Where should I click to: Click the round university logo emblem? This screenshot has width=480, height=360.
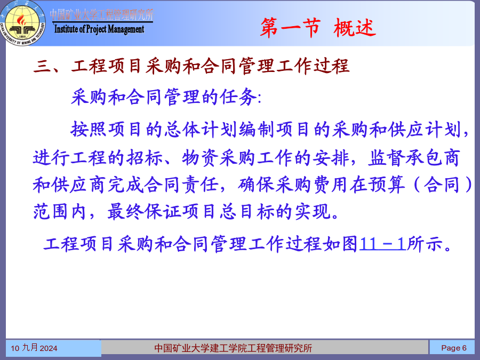coord(23,23)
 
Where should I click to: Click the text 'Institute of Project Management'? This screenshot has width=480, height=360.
coord(99,29)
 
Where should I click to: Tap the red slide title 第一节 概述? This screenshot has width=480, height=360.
coord(318,28)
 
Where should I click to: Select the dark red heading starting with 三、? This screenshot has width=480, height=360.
coord(191,66)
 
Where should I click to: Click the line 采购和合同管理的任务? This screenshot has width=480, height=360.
coord(166,97)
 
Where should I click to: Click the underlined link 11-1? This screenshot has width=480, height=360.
coord(383,244)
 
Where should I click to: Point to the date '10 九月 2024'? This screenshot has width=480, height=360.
coord(34,348)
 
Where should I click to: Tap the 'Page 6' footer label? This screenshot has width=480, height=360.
coord(454,348)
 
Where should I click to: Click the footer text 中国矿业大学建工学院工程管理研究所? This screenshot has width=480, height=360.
coord(233,348)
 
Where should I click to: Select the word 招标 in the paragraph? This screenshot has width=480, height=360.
coord(145,158)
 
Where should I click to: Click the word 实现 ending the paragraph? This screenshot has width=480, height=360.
coord(313,212)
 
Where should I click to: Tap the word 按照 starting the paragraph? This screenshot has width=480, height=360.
coord(89,129)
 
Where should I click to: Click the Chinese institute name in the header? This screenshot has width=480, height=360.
coord(102,15)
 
